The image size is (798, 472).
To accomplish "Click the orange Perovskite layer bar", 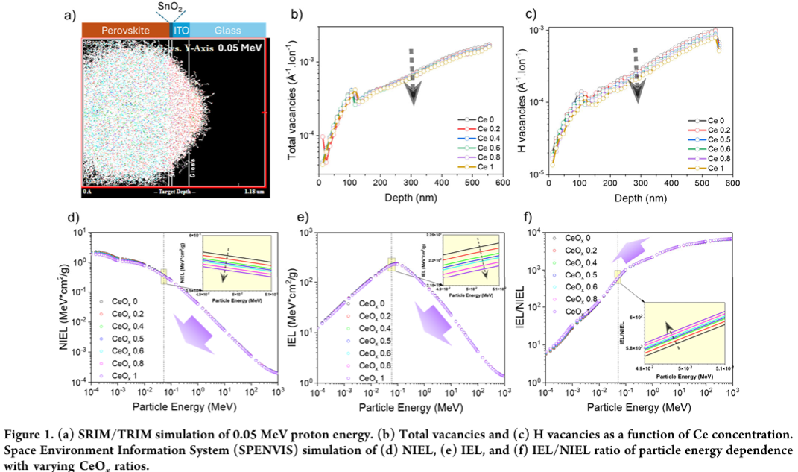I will tap(124, 30).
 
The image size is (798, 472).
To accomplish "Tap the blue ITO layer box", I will tap(180, 30).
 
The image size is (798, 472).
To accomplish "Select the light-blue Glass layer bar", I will tap(227, 30).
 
